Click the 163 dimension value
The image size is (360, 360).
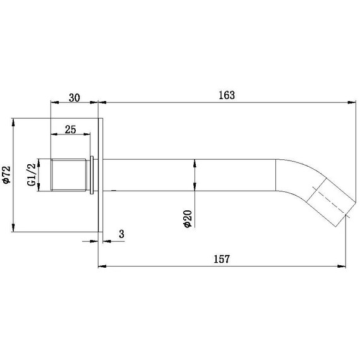[x=227, y=95]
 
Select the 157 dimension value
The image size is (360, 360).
[x=222, y=259]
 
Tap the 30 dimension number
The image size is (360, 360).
[x=75, y=98]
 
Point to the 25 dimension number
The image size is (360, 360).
[x=70, y=129]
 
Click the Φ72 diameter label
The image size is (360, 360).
[x=6, y=175]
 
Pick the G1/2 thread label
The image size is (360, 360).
[x=32, y=175]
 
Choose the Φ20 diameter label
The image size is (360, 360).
[x=188, y=219]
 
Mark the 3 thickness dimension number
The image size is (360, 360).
[x=121, y=234]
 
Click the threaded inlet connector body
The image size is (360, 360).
[x=69, y=175]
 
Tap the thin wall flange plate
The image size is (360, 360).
[x=100, y=175]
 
